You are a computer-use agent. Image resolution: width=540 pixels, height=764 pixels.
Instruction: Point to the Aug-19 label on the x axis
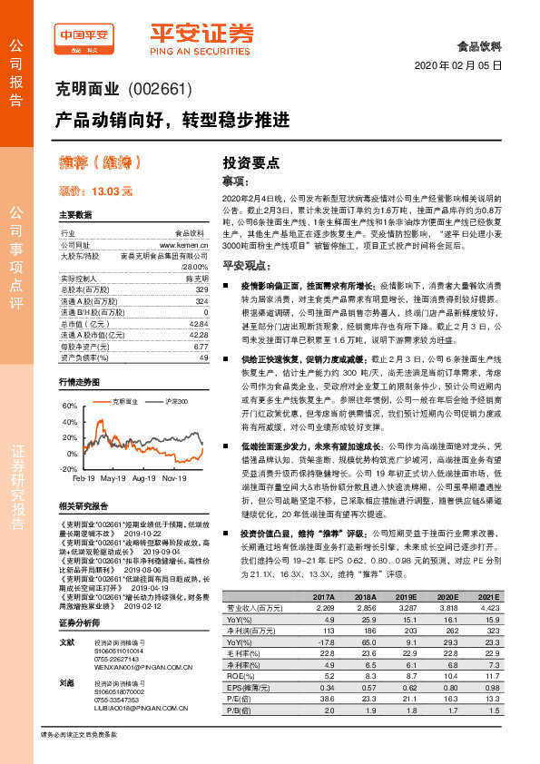coord(144,477)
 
